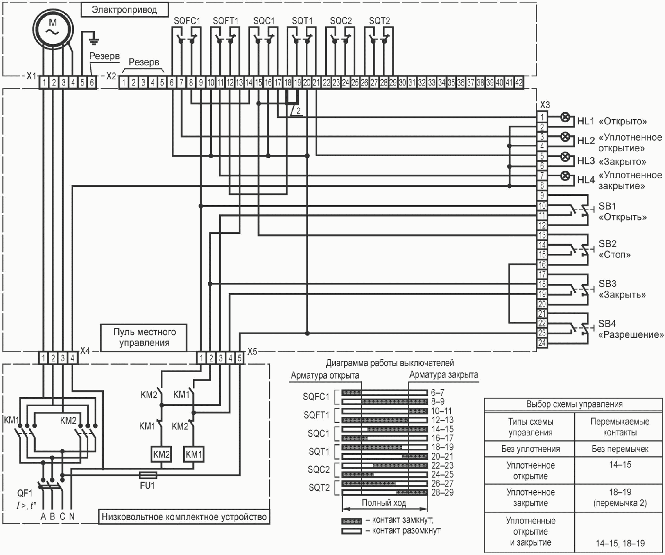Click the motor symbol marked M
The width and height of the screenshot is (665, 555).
click(x=53, y=27)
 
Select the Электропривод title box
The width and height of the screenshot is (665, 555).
click(x=124, y=10)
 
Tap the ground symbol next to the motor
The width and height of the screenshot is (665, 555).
click(x=94, y=40)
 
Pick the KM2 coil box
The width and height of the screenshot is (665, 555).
click(x=161, y=454)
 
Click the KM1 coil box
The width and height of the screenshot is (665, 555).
click(x=194, y=454)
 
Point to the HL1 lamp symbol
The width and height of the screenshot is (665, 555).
click(x=565, y=118)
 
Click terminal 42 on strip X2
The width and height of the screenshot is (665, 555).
click(x=518, y=83)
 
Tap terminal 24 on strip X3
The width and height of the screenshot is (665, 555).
click(x=542, y=343)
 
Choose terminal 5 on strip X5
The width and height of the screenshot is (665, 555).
click(x=239, y=358)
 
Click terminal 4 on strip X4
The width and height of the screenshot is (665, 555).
click(x=72, y=358)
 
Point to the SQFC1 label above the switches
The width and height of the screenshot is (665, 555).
click(x=187, y=21)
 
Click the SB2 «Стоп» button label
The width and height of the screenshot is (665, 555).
click(x=615, y=249)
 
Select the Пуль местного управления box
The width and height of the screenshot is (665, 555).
click(x=144, y=337)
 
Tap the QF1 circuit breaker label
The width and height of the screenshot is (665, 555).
click(x=25, y=493)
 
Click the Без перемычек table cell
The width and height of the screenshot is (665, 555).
click(x=620, y=449)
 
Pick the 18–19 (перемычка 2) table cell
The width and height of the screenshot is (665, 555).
click(x=620, y=497)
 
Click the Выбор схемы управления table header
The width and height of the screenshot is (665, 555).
click(x=574, y=404)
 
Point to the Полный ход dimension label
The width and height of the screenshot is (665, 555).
click(x=384, y=503)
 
